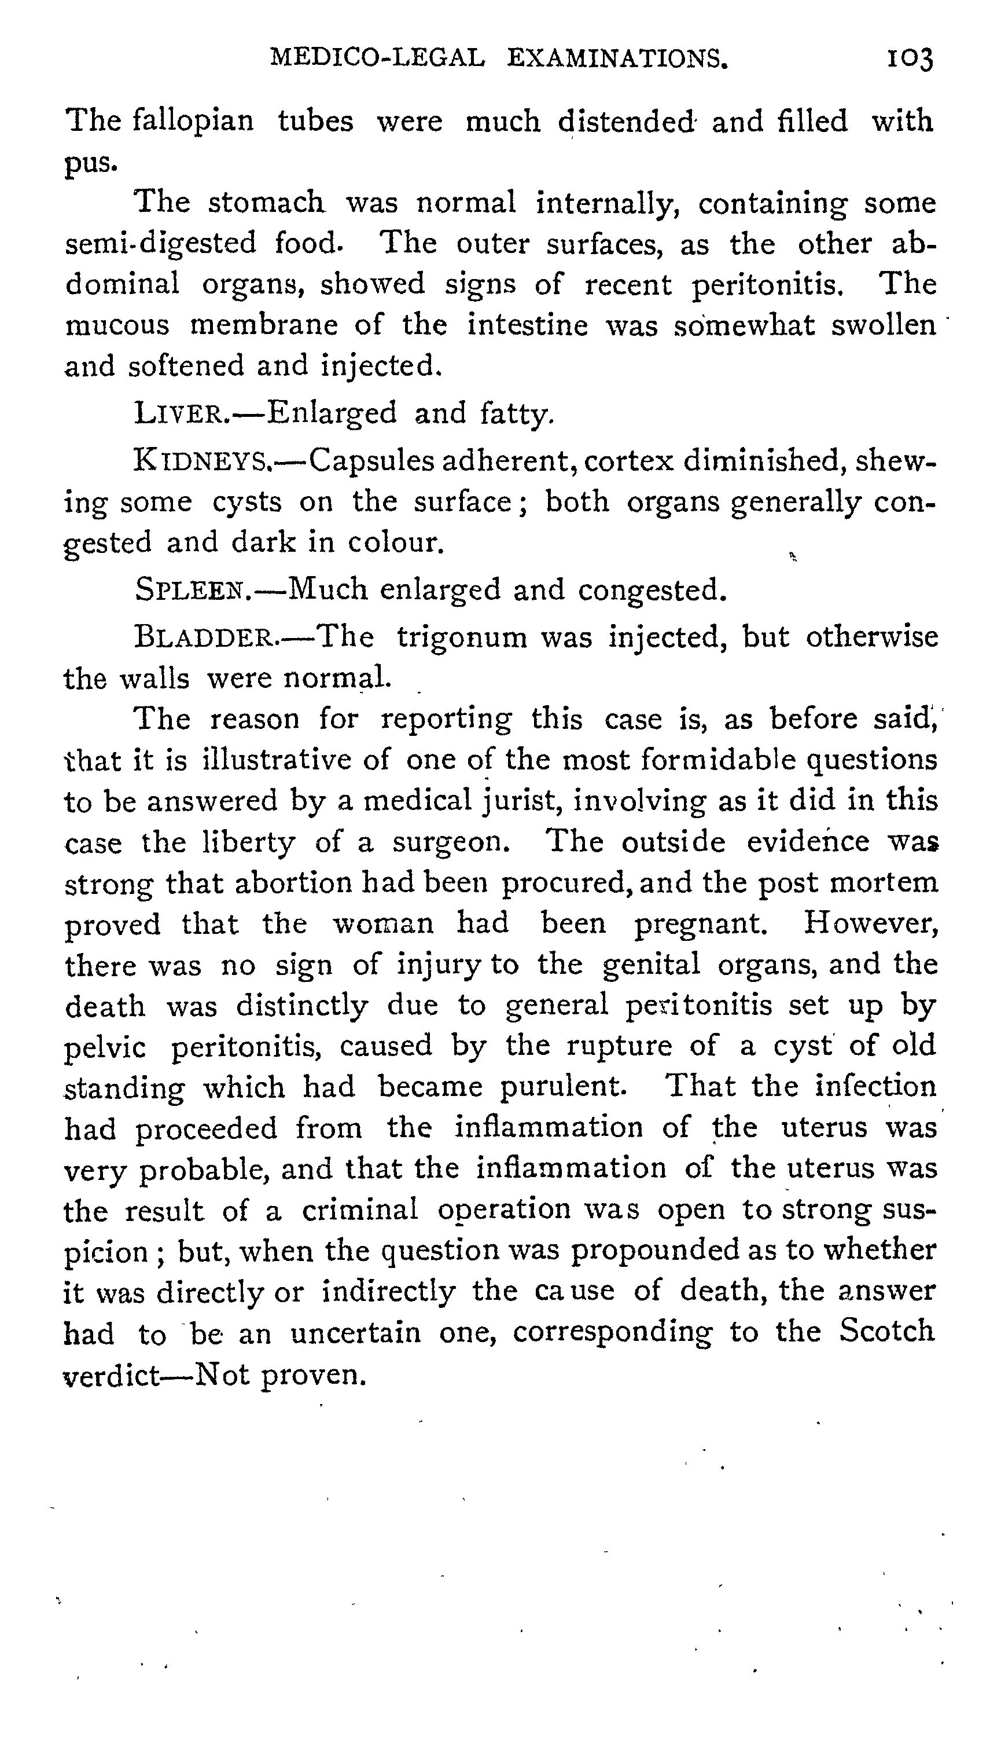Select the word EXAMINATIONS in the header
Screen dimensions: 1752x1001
pyautogui.click(x=617, y=59)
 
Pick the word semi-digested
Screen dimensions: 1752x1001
pyautogui.click(x=160, y=244)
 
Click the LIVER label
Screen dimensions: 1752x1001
pyautogui.click(x=178, y=414)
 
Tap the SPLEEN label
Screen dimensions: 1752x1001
pyautogui.click(x=193, y=589)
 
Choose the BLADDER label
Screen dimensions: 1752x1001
pyautogui.click(x=205, y=637)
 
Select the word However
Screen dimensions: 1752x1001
pyautogui.click(x=870, y=923)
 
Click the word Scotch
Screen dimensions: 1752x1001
pyautogui.click(x=887, y=1331)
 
